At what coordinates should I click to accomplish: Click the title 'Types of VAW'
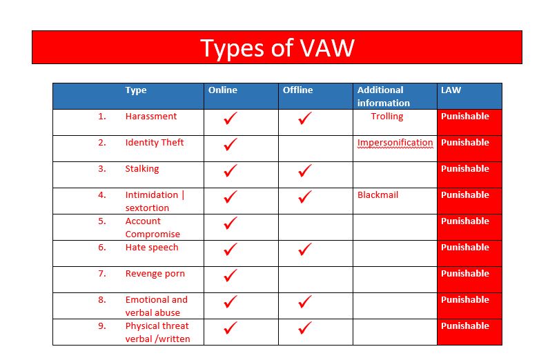click(277, 48)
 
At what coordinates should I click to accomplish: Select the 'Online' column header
click(223, 90)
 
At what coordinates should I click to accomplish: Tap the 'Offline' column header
click(297, 90)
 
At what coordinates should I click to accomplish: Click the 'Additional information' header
click(384, 97)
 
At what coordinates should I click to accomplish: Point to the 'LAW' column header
click(451, 90)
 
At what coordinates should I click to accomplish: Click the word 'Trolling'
click(387, 117)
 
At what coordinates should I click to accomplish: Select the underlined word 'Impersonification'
click(395, 143)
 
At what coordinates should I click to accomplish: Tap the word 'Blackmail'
click(378, 195)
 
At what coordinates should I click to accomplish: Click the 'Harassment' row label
click(151, 116)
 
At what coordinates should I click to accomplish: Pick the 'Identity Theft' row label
click(155, 143)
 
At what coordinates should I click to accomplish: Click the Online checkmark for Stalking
click(231, 170)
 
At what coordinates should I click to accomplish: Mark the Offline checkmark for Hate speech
click(305, 249)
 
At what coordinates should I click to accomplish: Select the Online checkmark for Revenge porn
click(231, 275)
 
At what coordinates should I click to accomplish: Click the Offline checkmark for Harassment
click(305, 118)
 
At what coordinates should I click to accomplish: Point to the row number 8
click(102, 300)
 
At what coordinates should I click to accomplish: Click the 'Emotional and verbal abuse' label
click(157, 306)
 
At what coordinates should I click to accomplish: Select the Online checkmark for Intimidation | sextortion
click(231, 197)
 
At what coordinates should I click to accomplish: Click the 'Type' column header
click(136, 90)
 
